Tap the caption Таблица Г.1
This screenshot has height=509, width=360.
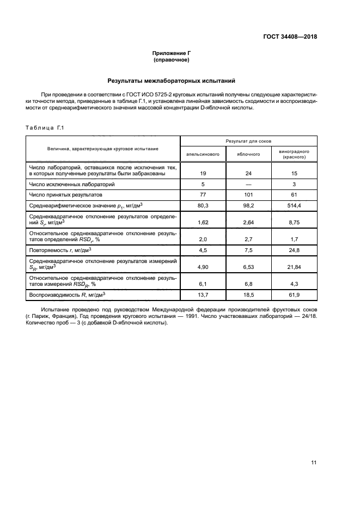tap(45, 127)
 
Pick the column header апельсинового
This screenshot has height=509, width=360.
tap(203, 154)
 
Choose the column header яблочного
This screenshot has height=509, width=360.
tap(248, 154)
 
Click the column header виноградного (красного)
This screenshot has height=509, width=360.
tap(294, 154)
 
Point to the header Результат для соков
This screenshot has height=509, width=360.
tap(248, 140)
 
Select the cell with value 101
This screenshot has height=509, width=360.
tap(248, 194)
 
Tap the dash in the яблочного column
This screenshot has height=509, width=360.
tap(248, 184)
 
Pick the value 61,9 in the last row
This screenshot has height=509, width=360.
tap(294, 295)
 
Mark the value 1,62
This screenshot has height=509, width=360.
tap(203, 222)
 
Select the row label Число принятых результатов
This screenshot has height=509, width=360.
tap(62, 194)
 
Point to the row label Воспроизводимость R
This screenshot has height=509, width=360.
tap(66, 295)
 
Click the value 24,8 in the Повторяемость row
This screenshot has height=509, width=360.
tap(294, 250)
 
